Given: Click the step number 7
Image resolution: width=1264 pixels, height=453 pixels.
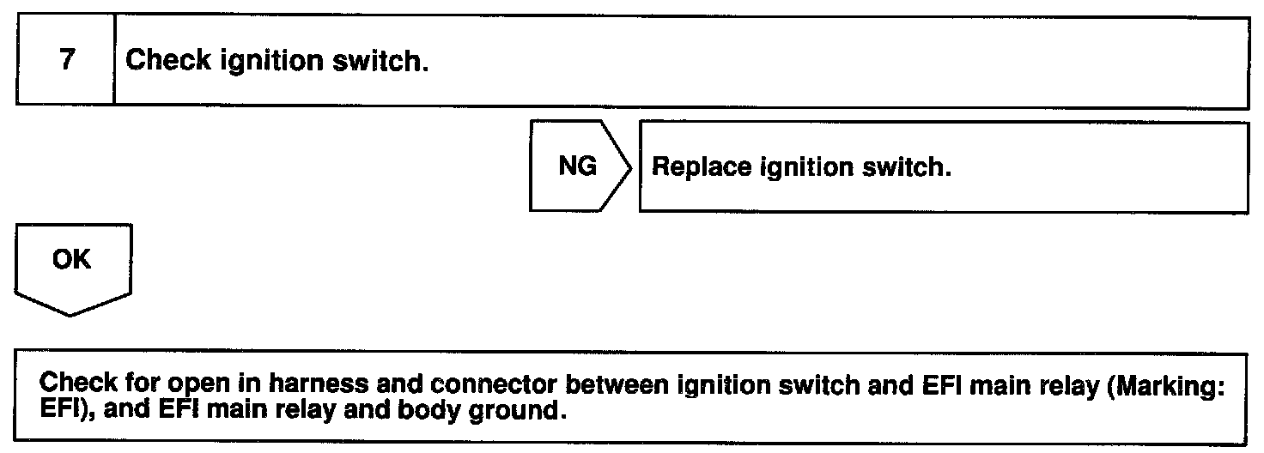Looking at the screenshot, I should coord(65,62).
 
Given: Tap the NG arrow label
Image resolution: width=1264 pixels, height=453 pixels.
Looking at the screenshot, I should coord(578,166).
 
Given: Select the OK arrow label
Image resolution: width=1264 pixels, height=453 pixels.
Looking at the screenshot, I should coord(72,259).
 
